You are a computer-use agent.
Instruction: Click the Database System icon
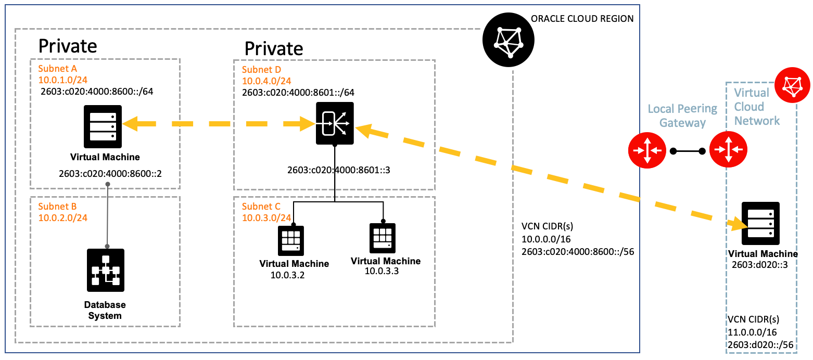point(106,270)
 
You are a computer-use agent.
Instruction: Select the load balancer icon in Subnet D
point(335,123)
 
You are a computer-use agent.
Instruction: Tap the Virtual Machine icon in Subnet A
point(103,123)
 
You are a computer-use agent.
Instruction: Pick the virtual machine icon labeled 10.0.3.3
point(383,238)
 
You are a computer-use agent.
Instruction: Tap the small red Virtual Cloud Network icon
point(793,84)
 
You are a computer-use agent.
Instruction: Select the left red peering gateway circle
point(647,150)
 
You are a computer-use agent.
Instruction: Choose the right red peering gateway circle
point(728,150)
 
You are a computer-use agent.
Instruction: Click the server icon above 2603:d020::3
point(760,223)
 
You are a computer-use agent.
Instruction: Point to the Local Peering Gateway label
point(682,115)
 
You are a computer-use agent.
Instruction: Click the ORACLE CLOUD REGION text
point(582,19)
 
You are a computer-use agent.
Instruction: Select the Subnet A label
point(57,69)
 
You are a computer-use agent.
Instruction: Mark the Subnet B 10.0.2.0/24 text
point(62,217)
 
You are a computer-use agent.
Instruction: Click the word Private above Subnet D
point(274,48)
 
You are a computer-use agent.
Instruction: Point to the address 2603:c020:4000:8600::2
point(110,173)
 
